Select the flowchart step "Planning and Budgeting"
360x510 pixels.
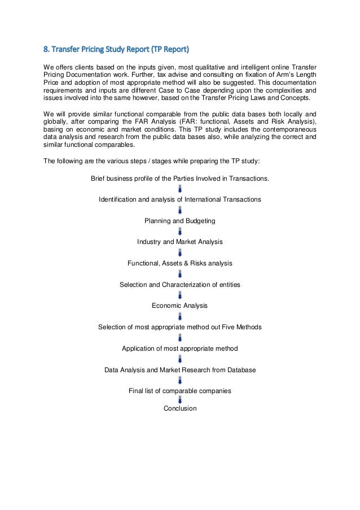pos(179,220)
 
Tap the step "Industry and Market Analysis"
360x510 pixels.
pos(179,242)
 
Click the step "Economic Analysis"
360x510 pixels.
pos(179,306)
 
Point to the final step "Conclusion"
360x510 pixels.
pos(179,408)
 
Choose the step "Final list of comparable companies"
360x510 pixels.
pos(179,391)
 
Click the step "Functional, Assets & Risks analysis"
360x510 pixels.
pos(179,263)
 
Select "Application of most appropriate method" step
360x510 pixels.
pos(179,348)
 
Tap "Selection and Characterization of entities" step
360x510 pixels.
pos(179,285)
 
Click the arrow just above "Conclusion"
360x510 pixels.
pos(179,400)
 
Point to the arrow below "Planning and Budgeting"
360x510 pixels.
pos(179,231)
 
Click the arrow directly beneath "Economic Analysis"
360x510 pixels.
pos(179,316)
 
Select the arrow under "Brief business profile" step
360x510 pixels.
pos(179,189)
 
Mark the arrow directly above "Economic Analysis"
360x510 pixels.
pos(179,295)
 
